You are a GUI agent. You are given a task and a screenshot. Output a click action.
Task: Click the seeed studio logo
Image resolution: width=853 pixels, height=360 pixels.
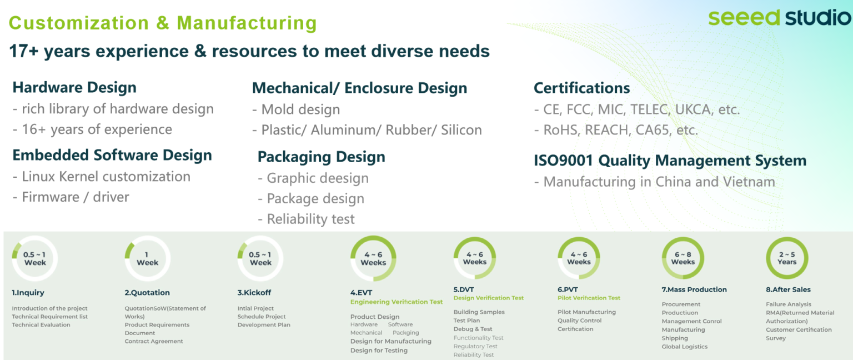(779, 18)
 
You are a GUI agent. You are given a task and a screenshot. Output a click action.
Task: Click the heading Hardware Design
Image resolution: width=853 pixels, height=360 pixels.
(74, 87)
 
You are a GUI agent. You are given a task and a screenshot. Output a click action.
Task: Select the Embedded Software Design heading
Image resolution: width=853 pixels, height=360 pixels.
(112, 155)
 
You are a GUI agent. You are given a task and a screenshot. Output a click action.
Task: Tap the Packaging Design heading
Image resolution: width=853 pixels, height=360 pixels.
(322, 157)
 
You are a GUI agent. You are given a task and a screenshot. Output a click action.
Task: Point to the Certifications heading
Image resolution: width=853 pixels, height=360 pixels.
(582, 88)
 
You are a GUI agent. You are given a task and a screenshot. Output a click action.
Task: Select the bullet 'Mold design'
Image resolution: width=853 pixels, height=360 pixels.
(296, 109)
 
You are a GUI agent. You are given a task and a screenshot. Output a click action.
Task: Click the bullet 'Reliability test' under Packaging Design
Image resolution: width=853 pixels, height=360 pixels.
(306, 219)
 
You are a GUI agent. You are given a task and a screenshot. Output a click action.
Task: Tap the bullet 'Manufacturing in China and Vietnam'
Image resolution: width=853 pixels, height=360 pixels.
(655, 182)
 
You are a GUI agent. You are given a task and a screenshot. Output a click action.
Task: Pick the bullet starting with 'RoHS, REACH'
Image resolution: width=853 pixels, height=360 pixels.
(616, 130)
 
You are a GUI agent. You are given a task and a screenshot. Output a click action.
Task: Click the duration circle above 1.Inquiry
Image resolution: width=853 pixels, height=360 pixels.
(34, 258)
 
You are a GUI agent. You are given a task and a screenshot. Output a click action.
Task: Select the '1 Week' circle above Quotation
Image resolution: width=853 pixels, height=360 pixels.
(147, 258)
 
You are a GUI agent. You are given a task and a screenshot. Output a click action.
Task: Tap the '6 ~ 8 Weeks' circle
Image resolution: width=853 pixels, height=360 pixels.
(683, 258)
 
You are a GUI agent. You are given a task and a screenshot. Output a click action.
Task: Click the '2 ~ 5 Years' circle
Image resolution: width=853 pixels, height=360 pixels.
(787, 258)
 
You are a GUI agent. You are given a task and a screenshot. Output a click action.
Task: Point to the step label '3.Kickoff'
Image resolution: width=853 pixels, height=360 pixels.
(254, 293)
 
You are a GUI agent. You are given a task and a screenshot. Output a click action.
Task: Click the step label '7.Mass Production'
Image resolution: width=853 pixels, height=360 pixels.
(694, 289)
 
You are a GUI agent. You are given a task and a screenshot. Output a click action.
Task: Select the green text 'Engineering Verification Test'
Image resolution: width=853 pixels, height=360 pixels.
(397, 302)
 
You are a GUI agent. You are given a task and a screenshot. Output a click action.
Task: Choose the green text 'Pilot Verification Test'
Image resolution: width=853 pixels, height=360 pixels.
(589, 298)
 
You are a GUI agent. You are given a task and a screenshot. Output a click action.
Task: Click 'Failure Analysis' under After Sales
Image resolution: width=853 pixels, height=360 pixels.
(788, 304)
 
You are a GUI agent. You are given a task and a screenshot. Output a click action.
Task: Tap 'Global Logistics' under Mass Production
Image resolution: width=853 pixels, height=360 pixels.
(684, 347)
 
